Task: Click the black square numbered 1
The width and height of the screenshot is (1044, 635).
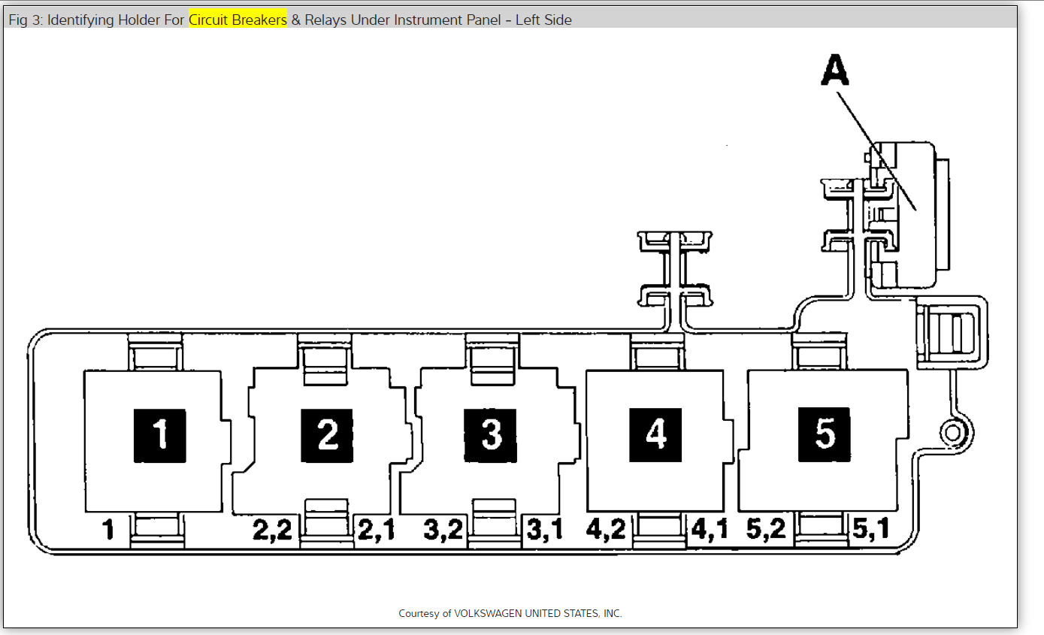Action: (160, 436)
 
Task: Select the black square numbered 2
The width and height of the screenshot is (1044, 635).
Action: (327, 436)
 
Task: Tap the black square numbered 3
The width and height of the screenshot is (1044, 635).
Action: (490, 436)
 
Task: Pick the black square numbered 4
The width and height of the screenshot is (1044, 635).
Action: (655, 435)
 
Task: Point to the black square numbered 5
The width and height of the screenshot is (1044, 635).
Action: (824, 434)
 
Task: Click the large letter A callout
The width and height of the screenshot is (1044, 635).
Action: (835, 70)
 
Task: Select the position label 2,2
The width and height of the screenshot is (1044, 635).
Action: (272, 530)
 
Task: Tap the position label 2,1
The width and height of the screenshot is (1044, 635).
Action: (376, 530)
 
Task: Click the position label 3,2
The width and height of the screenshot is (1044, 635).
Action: (443, 530)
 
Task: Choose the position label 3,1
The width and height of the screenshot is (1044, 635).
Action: (545, 530)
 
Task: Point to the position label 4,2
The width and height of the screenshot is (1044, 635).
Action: (606, 529)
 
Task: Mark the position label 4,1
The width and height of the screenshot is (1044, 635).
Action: (710, 529)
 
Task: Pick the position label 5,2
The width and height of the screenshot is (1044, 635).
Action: (766, 528)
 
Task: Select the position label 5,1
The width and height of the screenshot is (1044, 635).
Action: (870, 528)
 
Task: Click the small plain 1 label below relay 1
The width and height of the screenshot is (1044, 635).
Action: (108, 530)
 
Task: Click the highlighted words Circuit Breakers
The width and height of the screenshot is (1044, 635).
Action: (238, 20)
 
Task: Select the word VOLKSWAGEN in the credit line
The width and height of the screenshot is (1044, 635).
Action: (488, 613)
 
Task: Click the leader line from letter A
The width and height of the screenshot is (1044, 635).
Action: (876, 151)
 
